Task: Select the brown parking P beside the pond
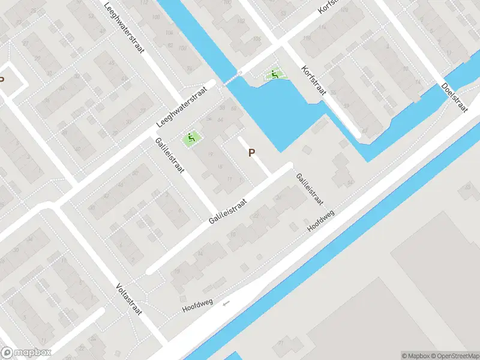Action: [x=251, y=153]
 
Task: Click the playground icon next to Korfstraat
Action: [x=274, y=75]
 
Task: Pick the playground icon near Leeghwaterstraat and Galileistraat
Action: [x=191, y=138]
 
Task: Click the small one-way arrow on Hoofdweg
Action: [x=226, y=303]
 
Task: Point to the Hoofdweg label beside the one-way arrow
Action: [x=198, y=307]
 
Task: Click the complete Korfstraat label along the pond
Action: [x=314, y=80]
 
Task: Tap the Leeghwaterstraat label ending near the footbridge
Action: [x=181, y=105]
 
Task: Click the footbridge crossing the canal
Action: [x=233, y=78]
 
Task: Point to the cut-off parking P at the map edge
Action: [x=2, y=79]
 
